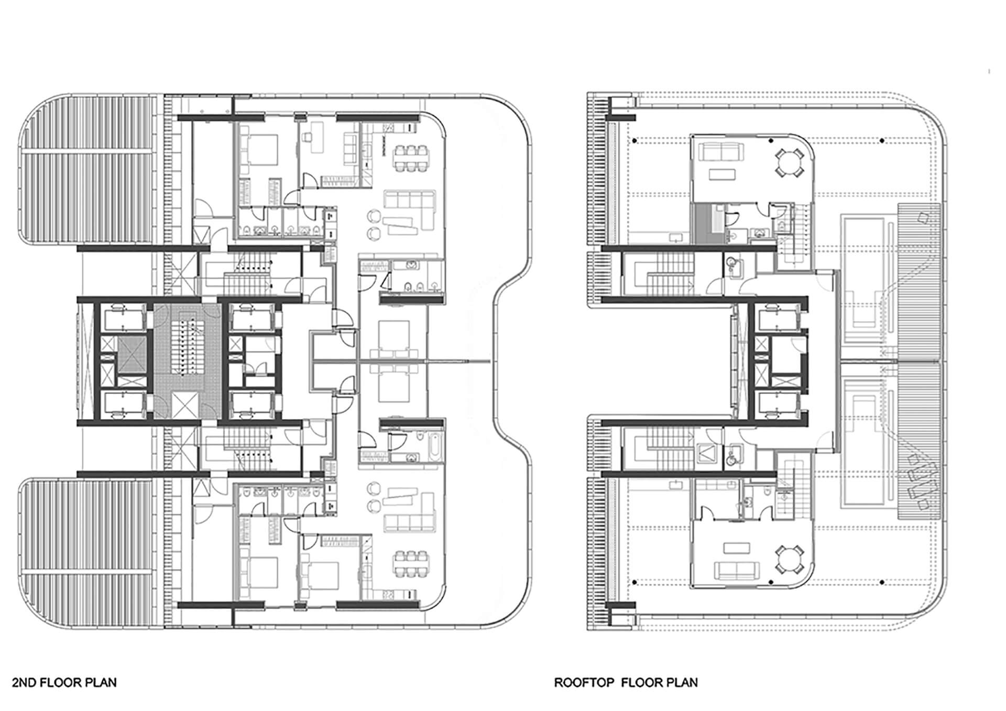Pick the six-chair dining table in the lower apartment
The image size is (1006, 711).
pyautogui.click(x=411, y=563)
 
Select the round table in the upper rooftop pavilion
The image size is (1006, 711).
pyautogui.click(x=789, y=162)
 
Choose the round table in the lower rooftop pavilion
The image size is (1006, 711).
pyautogui.click(x=789, y=560)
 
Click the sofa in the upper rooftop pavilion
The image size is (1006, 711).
pyautogui.click(x=722, y=152)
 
